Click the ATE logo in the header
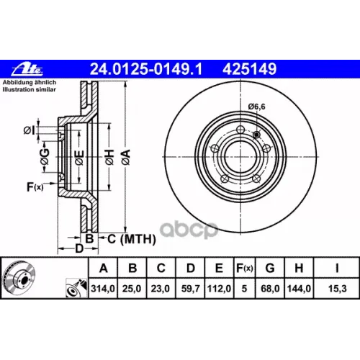tap(26, 69)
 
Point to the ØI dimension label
tap(28, 130)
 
